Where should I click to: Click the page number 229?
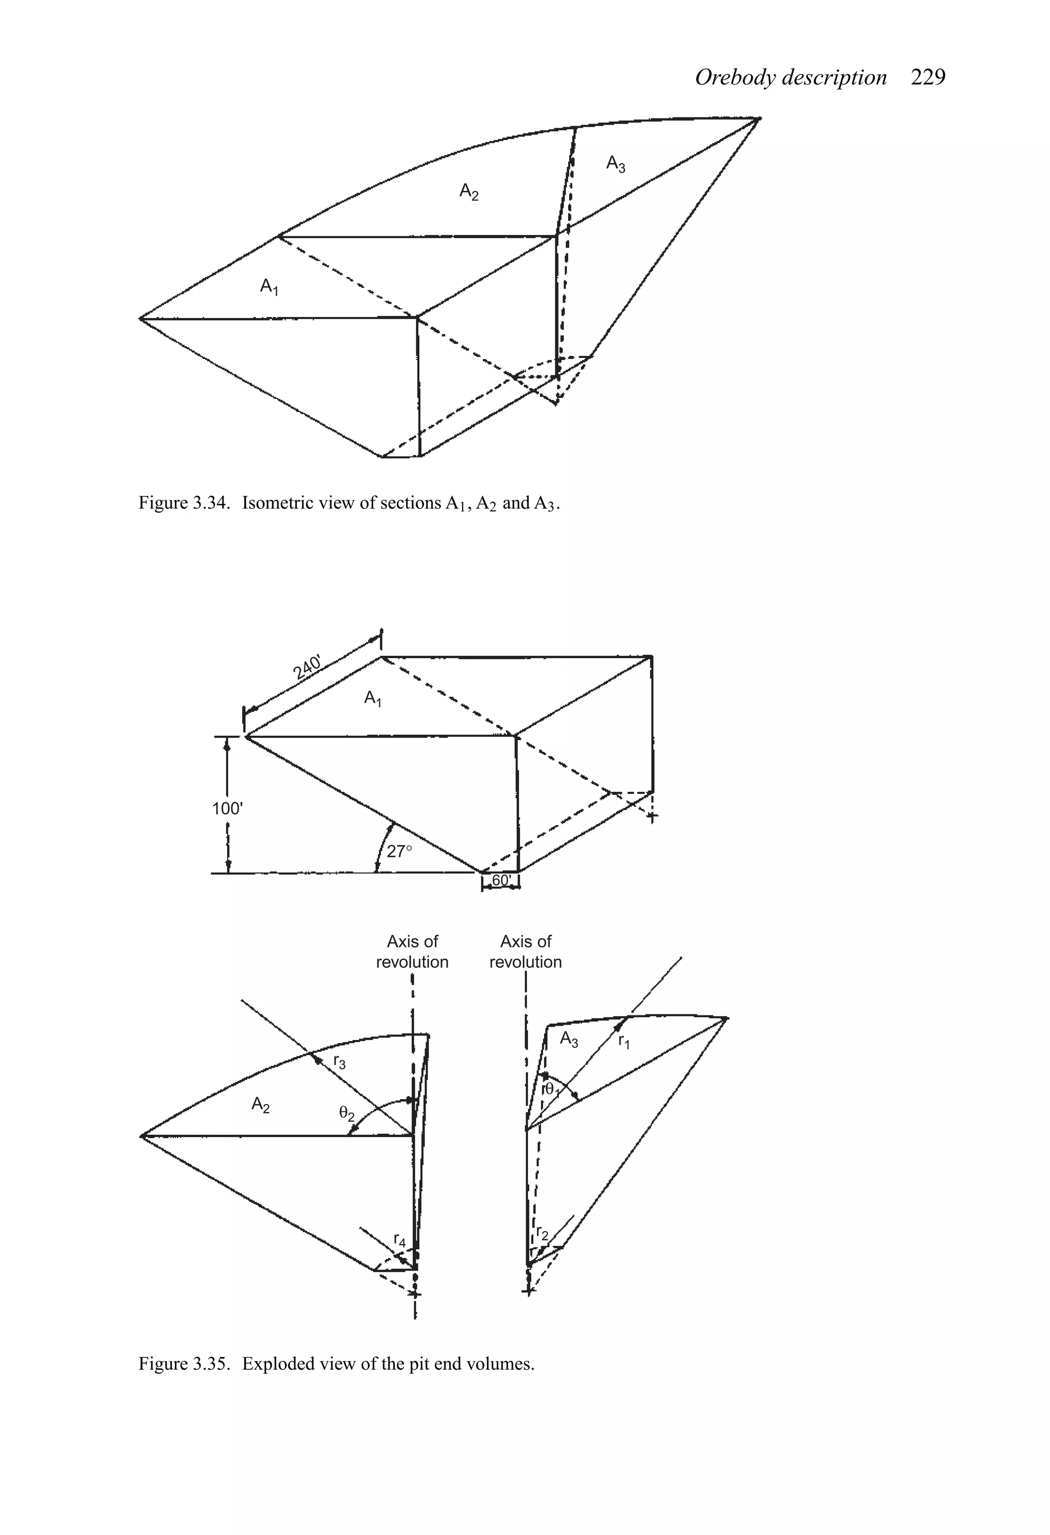[x=928, y=78]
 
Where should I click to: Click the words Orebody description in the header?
[x=791, y=78]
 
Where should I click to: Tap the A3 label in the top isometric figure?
[x=615, y=163]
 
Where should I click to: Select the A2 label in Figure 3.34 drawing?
[x=469, y=192]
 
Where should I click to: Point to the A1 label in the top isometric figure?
[x=269, y=287]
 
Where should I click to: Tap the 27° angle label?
[x=399, y=851]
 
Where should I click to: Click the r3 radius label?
[x=339, y=1062]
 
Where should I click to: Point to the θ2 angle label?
[x=347, y=1114]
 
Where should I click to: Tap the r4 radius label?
[x=399, y=1240]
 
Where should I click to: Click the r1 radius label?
[x=624, y=1042]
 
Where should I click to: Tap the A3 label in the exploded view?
[x=569, y=1039]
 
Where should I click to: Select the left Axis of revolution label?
[x=412, y=952]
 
